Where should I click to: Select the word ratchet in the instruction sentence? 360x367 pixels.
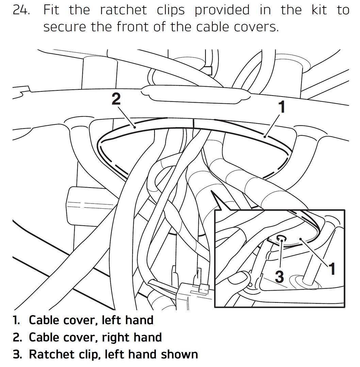tap(124, 10)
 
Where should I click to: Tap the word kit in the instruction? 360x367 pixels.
tap(319, 10)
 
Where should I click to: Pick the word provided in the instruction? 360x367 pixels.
tap(222, 10)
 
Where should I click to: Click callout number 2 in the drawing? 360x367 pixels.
tap(116, 99)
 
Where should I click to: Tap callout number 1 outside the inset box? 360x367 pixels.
tap(282, 107)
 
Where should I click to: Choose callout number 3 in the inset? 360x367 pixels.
tap(279, 276)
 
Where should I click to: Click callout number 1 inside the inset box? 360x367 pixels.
tap(332, 269)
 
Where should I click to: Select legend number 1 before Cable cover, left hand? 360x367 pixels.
tap(16, 320)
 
